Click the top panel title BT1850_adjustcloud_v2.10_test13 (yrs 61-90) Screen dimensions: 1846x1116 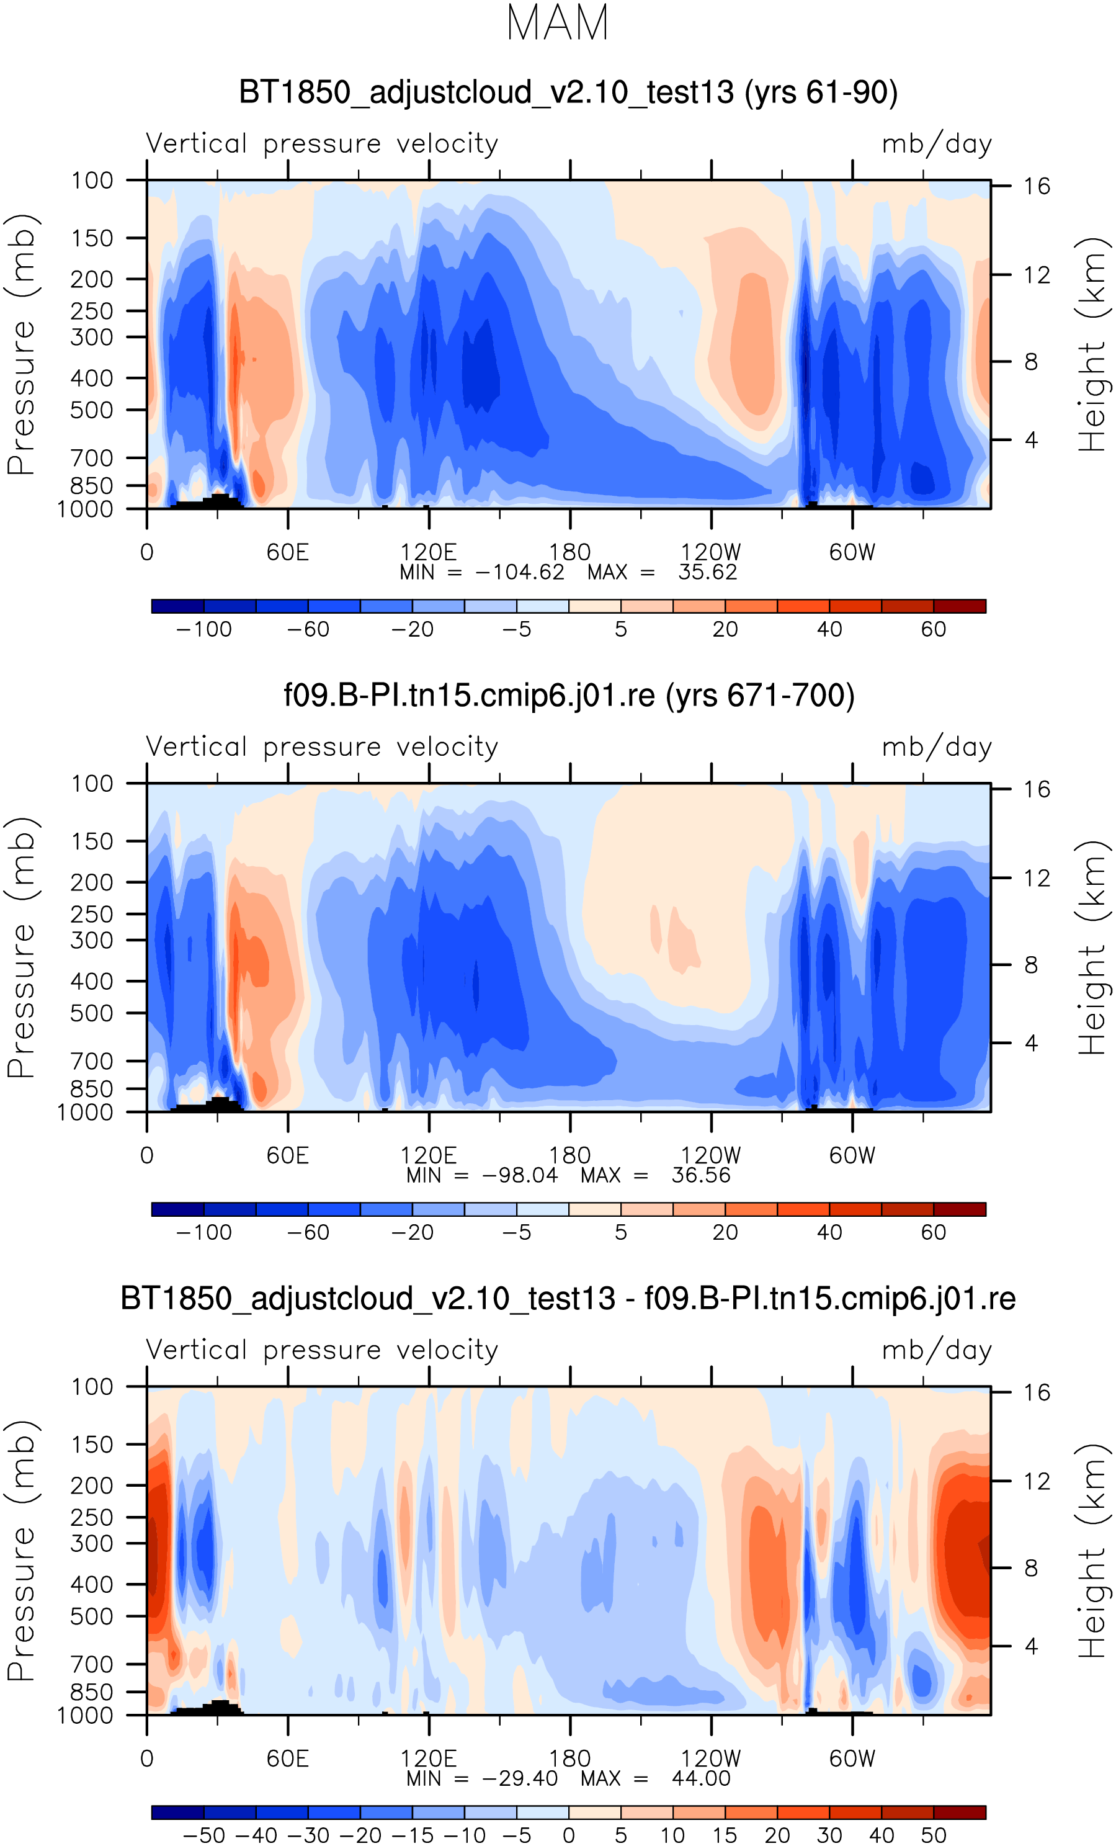tap(568, 92)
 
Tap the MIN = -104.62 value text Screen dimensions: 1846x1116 tap(481, 572)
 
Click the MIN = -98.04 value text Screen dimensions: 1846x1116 tap(481, 1175)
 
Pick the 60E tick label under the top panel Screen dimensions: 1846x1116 tap(288, 552)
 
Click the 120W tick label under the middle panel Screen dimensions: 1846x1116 tap(710, 1155)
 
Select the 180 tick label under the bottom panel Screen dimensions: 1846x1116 tap(569, 1759)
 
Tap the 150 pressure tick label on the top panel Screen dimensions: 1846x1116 tap(92, 238)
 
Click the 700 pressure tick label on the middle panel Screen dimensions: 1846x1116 tap(92, 1061)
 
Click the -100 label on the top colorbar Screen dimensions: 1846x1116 tap(203, 629)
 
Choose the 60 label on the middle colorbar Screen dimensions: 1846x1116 tap(933, 1232)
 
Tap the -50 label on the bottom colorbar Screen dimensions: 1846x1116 tap(203, 1835)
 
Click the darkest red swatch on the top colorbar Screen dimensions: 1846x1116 tap(960, 606)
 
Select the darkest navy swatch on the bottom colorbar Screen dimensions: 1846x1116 tap(177, 1812)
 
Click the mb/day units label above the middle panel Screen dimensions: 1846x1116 tap(936, 747)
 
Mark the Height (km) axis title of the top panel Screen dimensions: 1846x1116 tap(1092, 344)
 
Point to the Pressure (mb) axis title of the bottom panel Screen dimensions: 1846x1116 tap(21, 1551)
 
